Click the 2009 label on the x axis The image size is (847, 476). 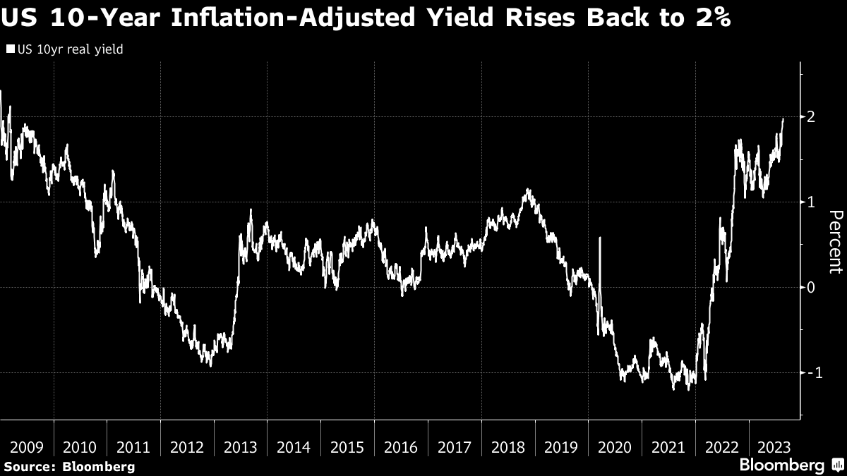(27, 447)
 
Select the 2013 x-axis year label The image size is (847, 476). (241, 447)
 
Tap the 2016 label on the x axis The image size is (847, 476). (401, 447)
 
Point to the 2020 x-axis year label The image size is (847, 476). (615, 447)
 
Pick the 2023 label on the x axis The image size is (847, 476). (775, 447)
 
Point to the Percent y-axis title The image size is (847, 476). (835, 242)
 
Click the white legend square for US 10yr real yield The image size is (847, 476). (10, 50)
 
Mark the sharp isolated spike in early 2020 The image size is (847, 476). (599, 238)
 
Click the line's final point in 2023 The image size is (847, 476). (783, 119)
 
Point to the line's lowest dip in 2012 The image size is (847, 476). (210, 365)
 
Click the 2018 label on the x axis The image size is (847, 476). (508, 447)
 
